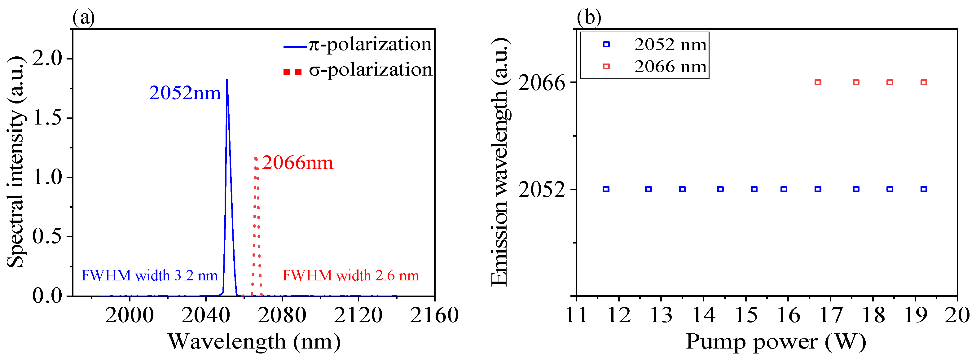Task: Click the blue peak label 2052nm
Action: point(185,93)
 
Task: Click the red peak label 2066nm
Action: point(297,163)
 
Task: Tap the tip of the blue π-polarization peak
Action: point(226,80)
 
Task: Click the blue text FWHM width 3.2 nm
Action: point(149,275)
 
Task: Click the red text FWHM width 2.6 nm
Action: point(350,275)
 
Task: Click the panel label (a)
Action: point(83,17)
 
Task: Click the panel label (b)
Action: point(589,17)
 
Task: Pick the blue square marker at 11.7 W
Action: point(606,189)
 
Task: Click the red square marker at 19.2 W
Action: point(924,82)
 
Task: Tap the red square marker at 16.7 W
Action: point(818,82)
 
